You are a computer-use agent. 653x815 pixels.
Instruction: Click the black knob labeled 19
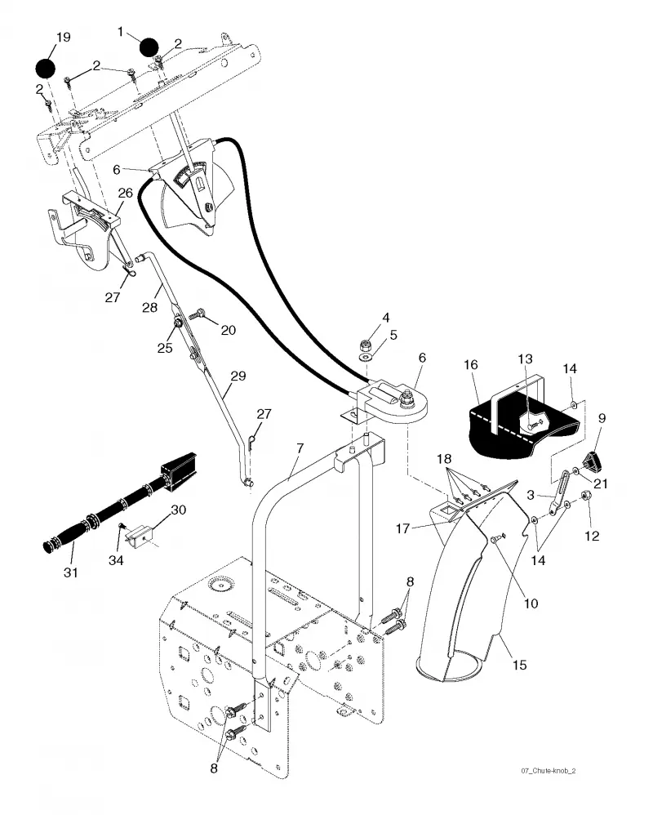coord(45,68)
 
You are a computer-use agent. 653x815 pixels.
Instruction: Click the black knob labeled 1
coord(149,47)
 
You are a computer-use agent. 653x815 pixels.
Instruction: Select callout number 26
coord(126,193)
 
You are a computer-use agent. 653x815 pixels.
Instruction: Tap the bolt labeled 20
coord(198,314)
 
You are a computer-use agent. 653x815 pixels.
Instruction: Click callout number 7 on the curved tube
coord(300,448)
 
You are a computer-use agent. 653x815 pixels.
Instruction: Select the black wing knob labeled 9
coord(590,460)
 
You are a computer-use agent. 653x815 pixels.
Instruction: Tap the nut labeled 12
coord(587,496)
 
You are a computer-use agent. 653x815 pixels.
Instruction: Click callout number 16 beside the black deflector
coord(471,365)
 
